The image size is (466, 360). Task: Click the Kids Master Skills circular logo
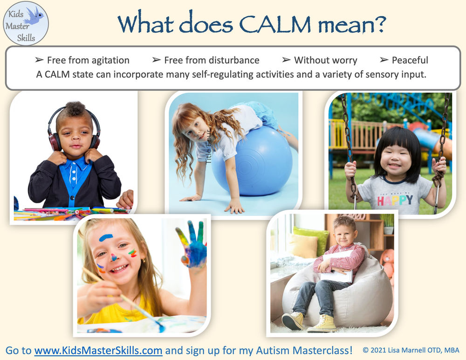click(x=26, y=23)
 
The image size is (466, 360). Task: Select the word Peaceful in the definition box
click(x=410, y=60)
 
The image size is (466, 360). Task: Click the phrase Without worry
click(x=325, y=60)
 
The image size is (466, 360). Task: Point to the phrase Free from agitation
click(x=88, y=60)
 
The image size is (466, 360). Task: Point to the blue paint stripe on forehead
click(x=106, y=237)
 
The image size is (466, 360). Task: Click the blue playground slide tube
click(x=433, y=142)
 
